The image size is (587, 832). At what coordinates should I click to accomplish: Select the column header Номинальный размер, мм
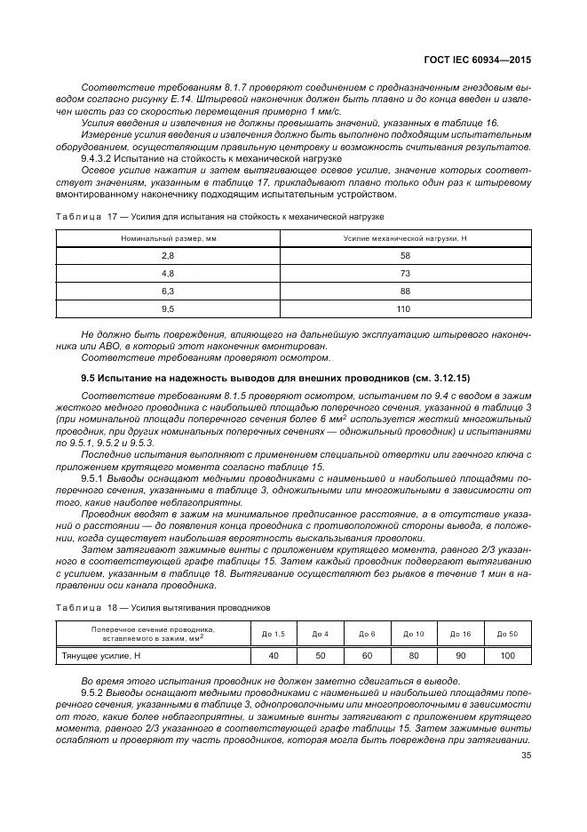(x=168, y=238)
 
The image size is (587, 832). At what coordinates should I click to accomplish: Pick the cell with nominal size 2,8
(x=168, y=255)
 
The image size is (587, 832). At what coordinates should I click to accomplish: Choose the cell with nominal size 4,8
(x=168, y=273)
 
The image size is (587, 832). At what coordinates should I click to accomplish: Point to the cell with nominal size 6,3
(x=168, y=291)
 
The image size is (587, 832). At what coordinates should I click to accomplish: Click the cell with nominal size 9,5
(x=168, y=308)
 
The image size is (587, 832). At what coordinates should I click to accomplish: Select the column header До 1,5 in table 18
(x=274, y=633)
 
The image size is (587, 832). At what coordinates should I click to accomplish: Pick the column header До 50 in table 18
(x=507, y=633)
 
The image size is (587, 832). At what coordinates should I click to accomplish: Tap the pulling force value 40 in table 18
(x=274, y=655)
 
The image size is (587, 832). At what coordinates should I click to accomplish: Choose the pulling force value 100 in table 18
(x=507, y=655)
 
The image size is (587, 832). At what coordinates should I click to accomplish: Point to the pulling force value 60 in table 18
(x=367, y=655)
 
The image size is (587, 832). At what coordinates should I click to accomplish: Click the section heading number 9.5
(x=90, y=379)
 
